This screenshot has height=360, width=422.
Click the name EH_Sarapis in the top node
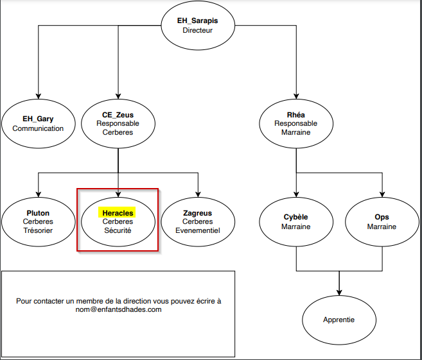(x=197, y=21)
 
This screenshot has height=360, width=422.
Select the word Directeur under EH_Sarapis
(x=197, y=30)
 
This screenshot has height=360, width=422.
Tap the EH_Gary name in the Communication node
(x=38, y=119)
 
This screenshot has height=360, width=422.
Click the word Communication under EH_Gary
(x=38, y=128)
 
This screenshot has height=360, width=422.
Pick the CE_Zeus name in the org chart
(x=118, y=115)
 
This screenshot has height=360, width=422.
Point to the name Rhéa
(x=295, y=115)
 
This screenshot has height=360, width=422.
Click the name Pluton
(x=38, y=213)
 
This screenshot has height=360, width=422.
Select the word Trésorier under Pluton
(x=38, y=230)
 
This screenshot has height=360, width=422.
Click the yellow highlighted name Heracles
(x=117, y=212)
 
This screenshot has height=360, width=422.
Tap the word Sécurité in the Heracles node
(x=118, y=230)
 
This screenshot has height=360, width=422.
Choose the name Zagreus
(x=197, y=213)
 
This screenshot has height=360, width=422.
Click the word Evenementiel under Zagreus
(x=197, y=230)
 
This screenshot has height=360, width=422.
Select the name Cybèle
(x=295, y=218)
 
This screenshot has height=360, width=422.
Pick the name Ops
(x=382, y=218)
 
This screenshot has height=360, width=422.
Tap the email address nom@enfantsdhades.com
(x=118, y=309)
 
